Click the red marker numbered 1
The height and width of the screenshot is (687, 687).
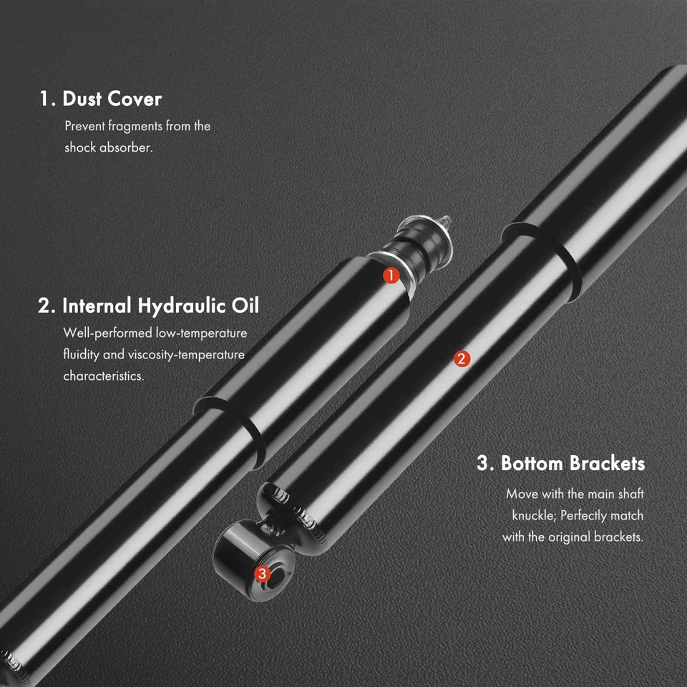[391, 276]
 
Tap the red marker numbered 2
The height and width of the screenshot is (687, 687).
[462, 359]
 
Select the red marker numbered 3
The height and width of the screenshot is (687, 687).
[262, 573]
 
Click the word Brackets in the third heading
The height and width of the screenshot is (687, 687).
[608, 463]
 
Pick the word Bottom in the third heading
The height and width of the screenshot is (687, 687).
[532, 463]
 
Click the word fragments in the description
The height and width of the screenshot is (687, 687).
[135, 127]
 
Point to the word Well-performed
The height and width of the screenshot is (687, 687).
[107, 333]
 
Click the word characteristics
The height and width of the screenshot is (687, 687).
[103, 376]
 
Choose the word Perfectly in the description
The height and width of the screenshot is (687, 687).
[588, 515]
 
